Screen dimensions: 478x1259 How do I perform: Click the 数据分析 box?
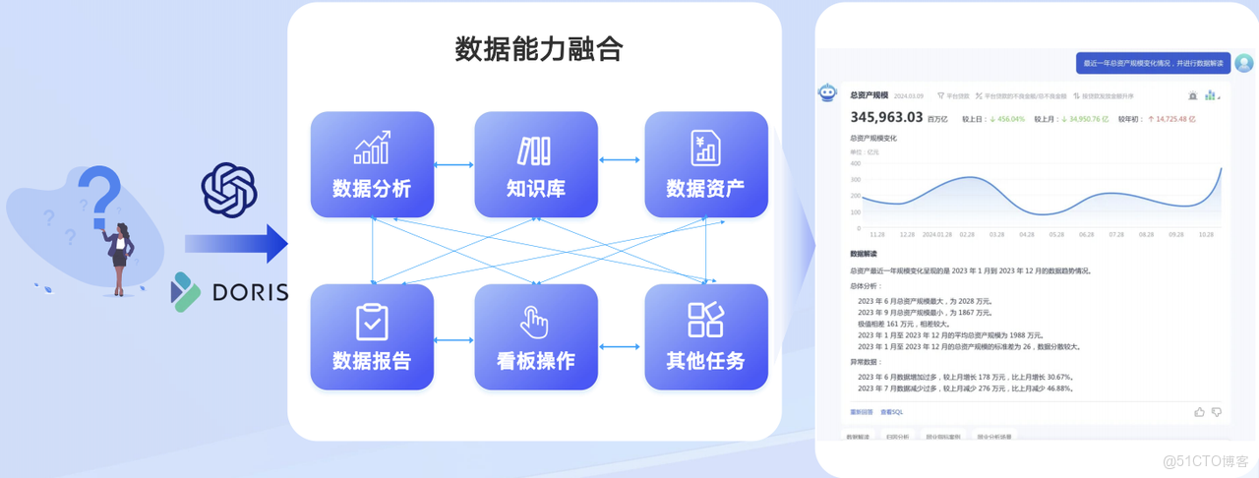tap(372, 164)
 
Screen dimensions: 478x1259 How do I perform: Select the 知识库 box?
tap(536, 164)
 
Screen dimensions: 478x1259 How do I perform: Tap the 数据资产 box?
tap(705, 164)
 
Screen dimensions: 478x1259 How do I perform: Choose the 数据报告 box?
tap(372, 336)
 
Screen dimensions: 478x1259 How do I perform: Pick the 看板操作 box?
tap(536, 336)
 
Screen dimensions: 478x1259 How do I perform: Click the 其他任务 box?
tap(705, 336)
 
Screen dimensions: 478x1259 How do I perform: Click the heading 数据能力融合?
tap(538, 49)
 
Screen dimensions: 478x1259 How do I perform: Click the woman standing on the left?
tap(121, 258)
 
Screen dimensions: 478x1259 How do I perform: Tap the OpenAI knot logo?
tap(229, 189)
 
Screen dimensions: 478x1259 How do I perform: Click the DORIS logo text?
tap(250, 292)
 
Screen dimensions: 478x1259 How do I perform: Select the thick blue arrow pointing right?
tap(235, 244)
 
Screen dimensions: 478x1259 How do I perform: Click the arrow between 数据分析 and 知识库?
tap(453, 164)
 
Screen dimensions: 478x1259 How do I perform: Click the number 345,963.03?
tap(886, 117)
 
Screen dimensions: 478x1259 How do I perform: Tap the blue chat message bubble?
tap(1153, 63)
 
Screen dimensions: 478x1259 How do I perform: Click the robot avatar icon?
tap(827, 92)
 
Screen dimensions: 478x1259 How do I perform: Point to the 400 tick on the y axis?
tap(854, 164)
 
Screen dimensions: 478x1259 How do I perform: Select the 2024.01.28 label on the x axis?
tap(937, 235)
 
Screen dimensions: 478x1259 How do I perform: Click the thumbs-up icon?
tap(1199, 411)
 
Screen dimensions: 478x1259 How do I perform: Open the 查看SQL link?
tap(891, 412)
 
